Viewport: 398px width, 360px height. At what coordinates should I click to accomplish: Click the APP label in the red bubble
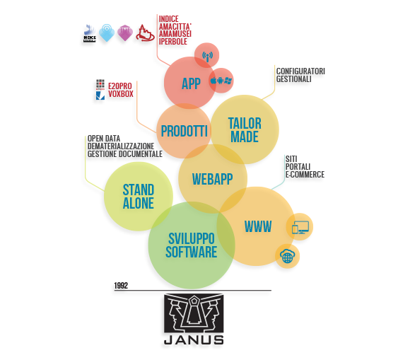pyautogui.click(x=191, y=83)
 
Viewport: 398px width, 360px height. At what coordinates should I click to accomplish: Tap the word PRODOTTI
pyautogui.click(x=185, y=131)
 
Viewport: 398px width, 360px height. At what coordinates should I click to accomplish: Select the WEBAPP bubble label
pyautogui.click(x=213, y=179)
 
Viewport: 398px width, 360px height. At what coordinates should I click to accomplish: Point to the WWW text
pyautogui.click(x=258, y=226)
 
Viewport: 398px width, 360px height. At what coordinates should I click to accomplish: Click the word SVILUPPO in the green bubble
pyautogui.click(x=192, y=238)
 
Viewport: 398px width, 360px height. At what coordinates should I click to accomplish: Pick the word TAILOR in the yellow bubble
pyautogui.click(x=245, y=123)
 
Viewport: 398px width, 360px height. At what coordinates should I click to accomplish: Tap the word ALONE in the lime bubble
pyautogui.click(x=139, y=203)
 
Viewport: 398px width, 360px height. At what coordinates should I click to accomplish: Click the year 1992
pyautogui.click(x=121, y=286)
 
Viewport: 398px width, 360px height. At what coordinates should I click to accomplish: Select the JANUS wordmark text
pyautogui.click(x=194, y=340)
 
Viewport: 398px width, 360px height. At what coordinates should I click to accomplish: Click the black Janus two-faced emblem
pyautogui.click(x=194, y=313)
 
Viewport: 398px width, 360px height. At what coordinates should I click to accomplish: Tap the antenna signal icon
pyautogui.click(x=207, y=57)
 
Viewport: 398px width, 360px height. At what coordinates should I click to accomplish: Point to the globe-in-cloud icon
pyautogui.click(x=287, y=256)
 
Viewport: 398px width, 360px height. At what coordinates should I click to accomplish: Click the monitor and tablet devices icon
pyautogui.click(x=300, y=227)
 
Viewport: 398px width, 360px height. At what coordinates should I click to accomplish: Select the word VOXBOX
pyautogui.click(x=121, y=94)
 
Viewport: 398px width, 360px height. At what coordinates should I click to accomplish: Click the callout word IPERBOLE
pyautogui.click(x=173, y=42)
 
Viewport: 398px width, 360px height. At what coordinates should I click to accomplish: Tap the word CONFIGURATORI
pyautogui.click(x=300, y=71)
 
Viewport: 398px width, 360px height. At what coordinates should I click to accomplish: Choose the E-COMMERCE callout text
pyautogui.click(x=305, y=175)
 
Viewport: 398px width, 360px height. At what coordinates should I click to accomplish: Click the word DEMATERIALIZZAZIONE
pyautogui.click(x=121, y=146)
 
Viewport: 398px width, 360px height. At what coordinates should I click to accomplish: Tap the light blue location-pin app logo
pyautogui.click(x=106, y=33)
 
